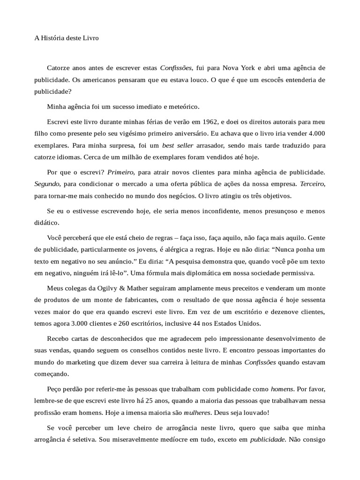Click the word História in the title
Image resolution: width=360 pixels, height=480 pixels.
55,38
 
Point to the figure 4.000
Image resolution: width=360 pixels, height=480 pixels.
315,133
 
